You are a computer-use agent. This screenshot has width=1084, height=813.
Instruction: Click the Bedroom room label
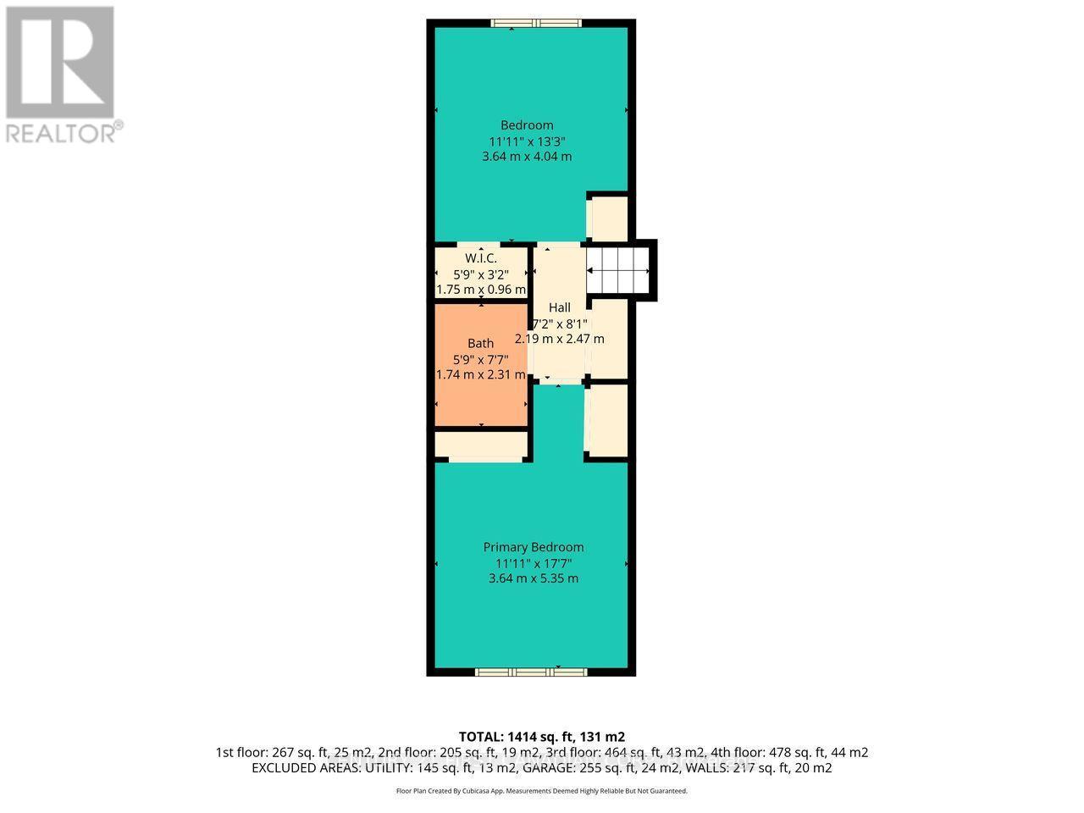[527, 125]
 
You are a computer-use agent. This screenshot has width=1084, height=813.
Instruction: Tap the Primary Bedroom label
[534, 547]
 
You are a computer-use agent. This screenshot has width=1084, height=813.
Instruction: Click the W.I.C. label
[481, 258]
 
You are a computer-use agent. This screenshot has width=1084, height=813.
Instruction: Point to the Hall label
[559, 307]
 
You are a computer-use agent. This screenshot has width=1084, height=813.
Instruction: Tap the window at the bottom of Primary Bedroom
[531, 672]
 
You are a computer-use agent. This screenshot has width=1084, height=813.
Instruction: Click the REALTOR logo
[61, 75]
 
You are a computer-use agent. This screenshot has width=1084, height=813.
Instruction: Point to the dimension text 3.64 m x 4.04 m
[527, 157]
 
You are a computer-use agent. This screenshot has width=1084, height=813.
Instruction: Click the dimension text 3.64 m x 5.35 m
[534, 578]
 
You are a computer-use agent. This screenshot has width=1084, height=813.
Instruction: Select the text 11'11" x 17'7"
[534, 563]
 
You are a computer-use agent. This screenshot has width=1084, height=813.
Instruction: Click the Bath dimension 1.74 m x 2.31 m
[481, 374]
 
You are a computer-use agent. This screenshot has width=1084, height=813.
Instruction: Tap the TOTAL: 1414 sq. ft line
[542, 736]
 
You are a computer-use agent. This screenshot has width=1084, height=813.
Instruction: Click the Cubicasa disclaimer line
[542, 791]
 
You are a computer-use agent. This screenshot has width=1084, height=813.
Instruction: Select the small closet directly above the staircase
[608, 218]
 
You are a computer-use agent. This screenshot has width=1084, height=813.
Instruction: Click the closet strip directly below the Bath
[481, 445]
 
